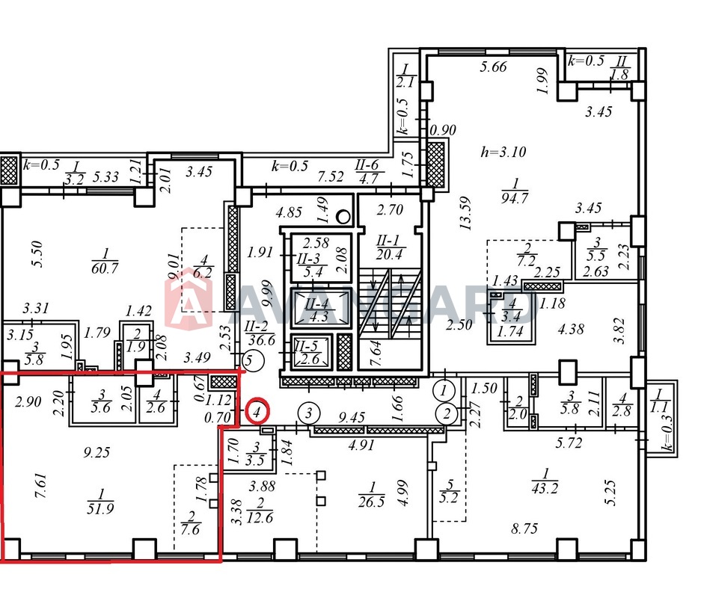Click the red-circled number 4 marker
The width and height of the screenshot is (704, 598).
click(257, 410)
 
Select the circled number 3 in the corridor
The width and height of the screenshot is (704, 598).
click(309, 413)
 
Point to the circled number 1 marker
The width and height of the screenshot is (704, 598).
click(444, 390)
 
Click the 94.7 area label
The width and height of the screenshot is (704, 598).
click(515, 191)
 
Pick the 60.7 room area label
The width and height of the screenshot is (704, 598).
click(104, 261)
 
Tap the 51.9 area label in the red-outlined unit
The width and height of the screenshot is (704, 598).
click(100, 502)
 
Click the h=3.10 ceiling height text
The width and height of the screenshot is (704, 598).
click(503, 152)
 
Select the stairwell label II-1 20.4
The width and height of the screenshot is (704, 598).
click(390, 247)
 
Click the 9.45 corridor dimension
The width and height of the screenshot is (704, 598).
click(352, 418)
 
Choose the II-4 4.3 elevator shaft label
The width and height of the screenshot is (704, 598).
click(319, 310)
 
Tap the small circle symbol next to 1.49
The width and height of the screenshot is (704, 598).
click(343, 217)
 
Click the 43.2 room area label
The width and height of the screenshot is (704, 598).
click(545, 481)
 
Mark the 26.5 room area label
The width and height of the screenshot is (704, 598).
click(372, 494)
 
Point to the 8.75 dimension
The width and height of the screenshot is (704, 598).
click(524, 528)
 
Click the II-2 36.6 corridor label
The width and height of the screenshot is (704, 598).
click(260, 333)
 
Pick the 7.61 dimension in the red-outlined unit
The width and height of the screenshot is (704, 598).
click(40, 487)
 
